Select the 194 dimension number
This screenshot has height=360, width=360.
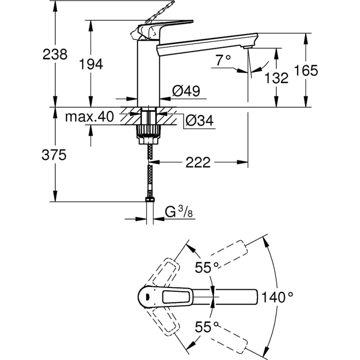pos(91,64)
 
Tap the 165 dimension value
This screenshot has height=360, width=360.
pos(306,70)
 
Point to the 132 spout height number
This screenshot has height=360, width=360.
pos(277,78)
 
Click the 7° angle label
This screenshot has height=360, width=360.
pos(223,61)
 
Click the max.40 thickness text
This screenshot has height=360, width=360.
pos(90,117)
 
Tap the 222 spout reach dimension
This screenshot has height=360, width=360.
pos(198,163)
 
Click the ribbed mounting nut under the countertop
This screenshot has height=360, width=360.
pos(148,131)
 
